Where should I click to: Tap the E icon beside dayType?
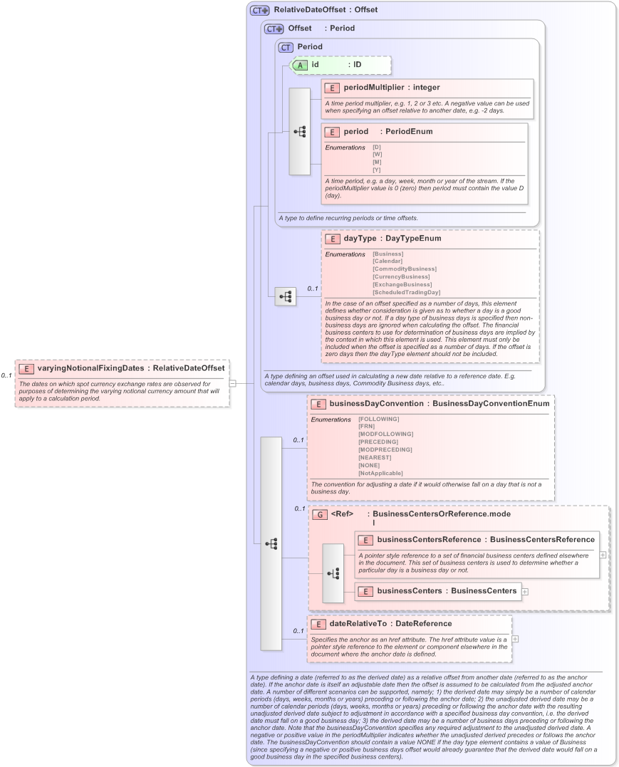(x=333, y=239)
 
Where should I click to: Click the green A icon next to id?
(x=301, y=65)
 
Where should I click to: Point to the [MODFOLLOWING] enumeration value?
(x=386, y=434)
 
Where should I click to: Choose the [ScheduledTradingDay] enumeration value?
(x=406, y=292)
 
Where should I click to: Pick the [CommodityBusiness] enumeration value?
(x=404, y=268)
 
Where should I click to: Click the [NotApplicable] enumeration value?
(x=380, y=473)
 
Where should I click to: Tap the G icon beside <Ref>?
(x=319, y=513)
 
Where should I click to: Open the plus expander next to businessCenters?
(x=525, y=591)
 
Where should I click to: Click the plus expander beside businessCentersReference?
(x=603, y=554)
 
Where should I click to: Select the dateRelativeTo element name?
(x=360, y=623)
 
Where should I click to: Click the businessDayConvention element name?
(x=376, y=403)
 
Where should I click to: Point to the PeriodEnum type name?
(x=406, y=132)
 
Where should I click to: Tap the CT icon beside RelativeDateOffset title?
(x=259, y=11)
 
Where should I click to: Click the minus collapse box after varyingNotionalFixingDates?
(x=232, y=382)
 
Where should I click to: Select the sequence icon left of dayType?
(x=286, y=296)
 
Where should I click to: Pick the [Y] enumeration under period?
(x=377, y=169)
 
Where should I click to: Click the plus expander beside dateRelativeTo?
(x=515, y=639)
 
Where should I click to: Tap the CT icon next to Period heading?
(x=286, y=47)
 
